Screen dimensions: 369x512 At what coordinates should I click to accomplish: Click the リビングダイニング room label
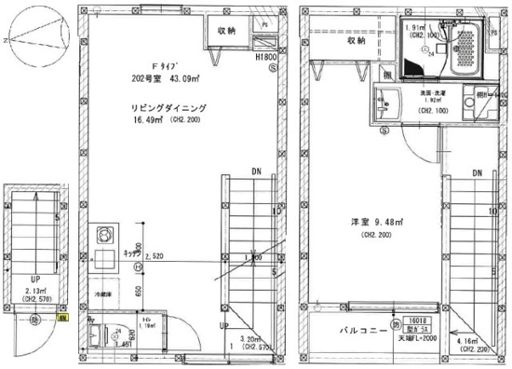tap(168, 109)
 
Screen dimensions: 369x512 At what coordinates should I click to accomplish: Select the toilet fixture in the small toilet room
tap(98, 336)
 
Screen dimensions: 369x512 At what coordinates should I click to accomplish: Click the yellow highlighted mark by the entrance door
tap(63, 318)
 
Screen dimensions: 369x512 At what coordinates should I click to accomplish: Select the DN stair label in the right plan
tap(476, 173)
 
